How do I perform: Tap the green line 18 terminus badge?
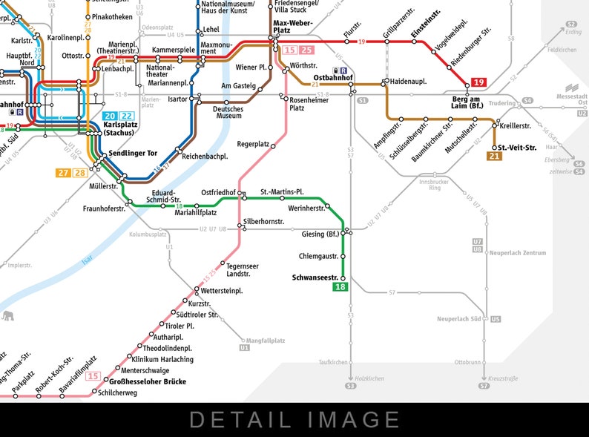(340, 287)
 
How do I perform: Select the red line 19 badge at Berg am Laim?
(479, 82)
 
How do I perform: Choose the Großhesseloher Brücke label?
(148, 381)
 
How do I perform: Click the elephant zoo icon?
(8, 317)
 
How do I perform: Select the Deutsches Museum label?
(228, 112)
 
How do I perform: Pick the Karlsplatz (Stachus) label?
(119, 129)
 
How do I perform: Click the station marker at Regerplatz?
(273, 146)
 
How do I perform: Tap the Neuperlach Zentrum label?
(518, 253)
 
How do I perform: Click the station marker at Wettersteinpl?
(197, 289)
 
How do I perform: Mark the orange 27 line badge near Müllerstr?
(63, 173)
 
